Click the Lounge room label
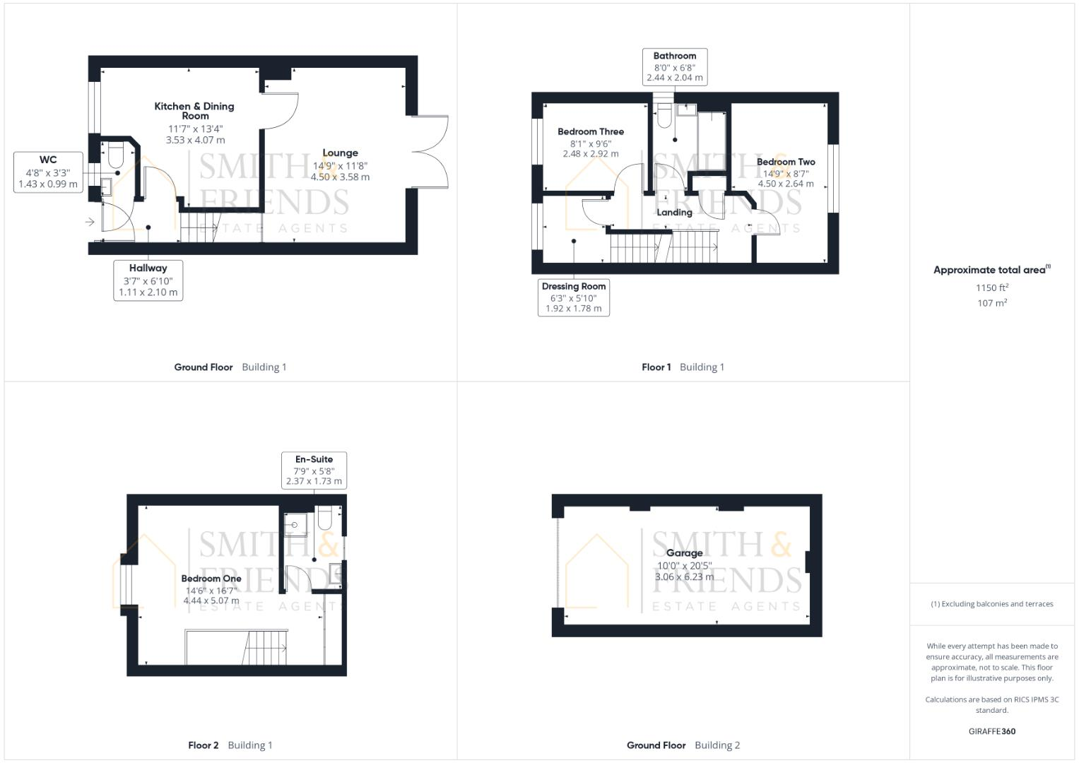click(x=340, y=153)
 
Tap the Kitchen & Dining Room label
click(x=194, y=111)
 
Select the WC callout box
click(x=48, y=172)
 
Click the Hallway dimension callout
click(x=148, y=280)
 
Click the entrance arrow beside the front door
click(x=90, y=222)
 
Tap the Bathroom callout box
click(x=674, y=67)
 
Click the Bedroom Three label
click(x=590, y=131)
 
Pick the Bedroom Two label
click(x=785, y=162)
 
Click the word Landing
click(x=674, y=212)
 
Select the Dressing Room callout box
click(x=573, y=297)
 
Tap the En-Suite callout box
click(x=314, y=470)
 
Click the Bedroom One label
click(x=211, y=579)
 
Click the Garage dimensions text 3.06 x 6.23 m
click(x=684, y=577)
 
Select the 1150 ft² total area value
click(x=991, y=288)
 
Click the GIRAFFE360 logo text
click(x=991, y=731)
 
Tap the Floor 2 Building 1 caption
click(x=230, y=745)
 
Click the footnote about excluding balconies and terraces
click(x=991, y=604)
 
